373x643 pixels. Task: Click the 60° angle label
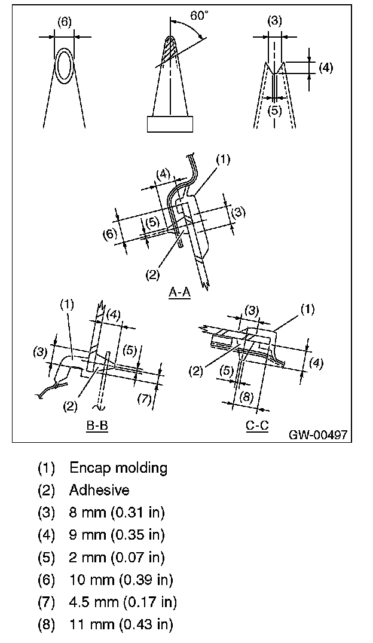point(200,16)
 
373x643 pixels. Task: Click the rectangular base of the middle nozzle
point(170,124)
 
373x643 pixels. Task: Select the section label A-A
point(179,293)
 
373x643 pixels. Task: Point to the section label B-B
point(97,427)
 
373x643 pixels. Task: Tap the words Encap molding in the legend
point(118,467)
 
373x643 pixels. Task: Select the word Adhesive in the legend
point(99,490)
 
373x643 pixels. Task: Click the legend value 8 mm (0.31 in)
point(117,512)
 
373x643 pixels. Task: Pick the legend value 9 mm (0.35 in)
point(117,535)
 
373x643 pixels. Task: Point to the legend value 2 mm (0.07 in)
point(117,558)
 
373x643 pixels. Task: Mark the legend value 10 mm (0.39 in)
point(121,580)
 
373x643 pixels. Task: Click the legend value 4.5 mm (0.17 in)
point(123,602)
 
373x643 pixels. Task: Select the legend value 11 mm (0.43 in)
point(121,625)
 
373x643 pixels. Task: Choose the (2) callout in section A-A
point(152,275)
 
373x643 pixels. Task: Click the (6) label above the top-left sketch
point(64,22)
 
